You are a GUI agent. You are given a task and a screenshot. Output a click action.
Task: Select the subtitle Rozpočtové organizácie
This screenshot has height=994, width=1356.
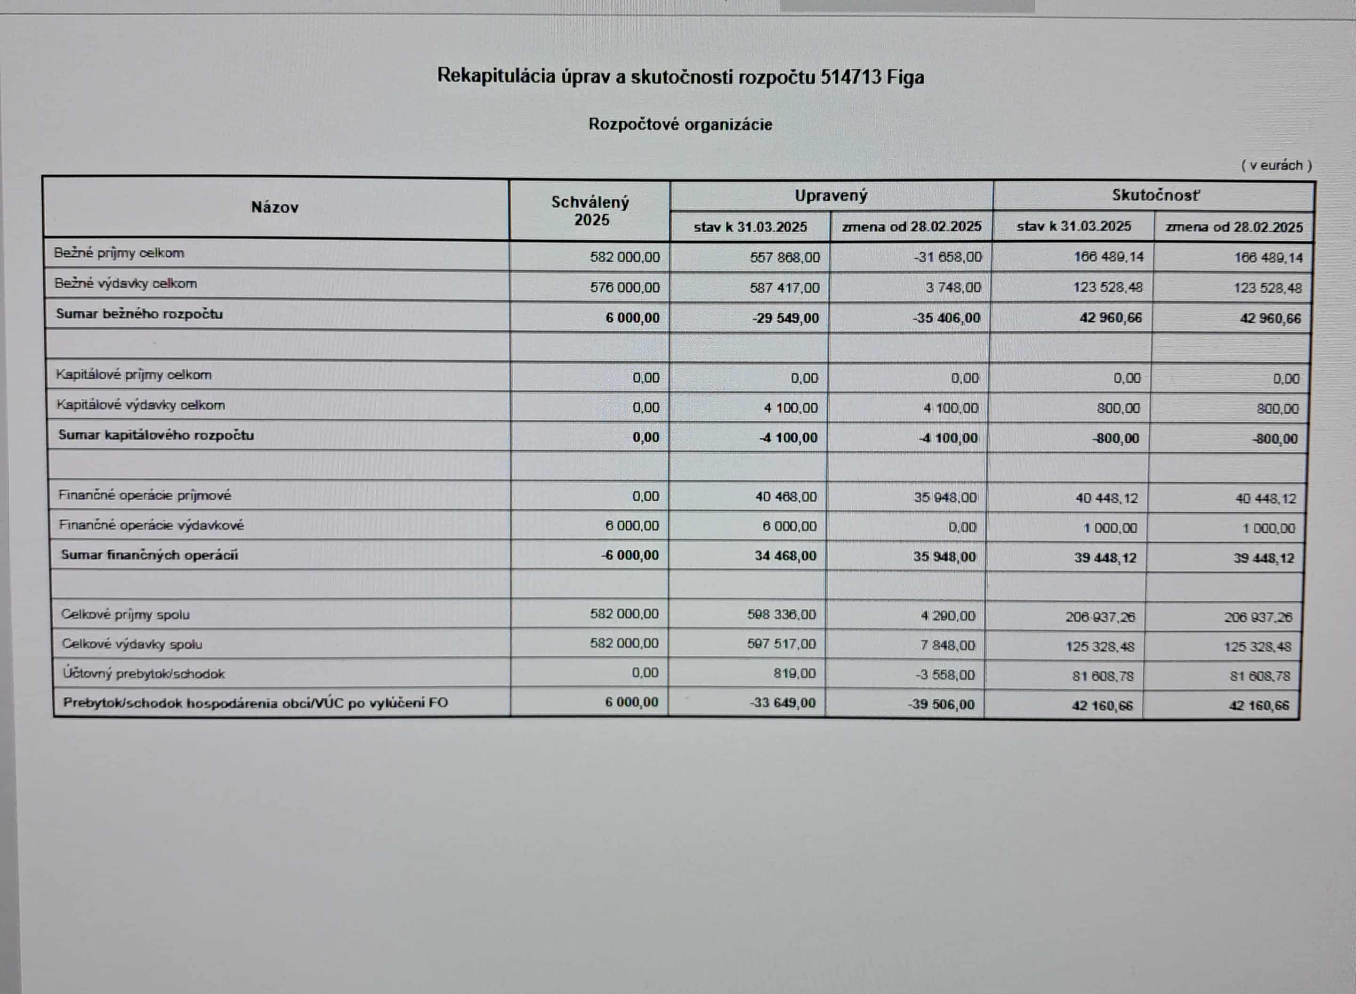[680, 124]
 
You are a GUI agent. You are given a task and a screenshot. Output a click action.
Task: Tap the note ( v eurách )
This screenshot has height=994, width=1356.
[1276, 165]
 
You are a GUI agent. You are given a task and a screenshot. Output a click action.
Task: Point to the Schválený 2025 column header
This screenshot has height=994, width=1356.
[590, 211]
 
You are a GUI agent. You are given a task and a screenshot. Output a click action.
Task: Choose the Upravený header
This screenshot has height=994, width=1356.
[831, 196]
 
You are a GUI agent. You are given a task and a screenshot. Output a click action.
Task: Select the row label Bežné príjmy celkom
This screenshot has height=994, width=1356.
[119, 253]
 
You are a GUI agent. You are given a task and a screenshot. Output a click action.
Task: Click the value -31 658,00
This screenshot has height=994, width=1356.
[947, 258]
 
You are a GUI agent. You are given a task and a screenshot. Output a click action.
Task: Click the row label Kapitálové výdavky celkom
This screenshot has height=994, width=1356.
[141, 405]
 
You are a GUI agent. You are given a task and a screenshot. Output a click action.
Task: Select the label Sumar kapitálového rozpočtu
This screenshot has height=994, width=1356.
[156, 435]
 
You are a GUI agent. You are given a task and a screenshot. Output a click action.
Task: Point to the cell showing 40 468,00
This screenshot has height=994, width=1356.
[786, 497]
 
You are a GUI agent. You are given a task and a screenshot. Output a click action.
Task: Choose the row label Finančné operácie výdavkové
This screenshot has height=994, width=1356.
[151, 525]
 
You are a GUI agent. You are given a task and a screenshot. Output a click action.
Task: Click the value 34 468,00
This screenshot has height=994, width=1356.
[785, 556]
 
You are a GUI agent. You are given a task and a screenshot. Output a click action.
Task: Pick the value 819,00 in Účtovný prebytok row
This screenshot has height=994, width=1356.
[794, 673]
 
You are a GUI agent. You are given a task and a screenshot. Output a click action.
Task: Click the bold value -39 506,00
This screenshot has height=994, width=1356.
[941, 704]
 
